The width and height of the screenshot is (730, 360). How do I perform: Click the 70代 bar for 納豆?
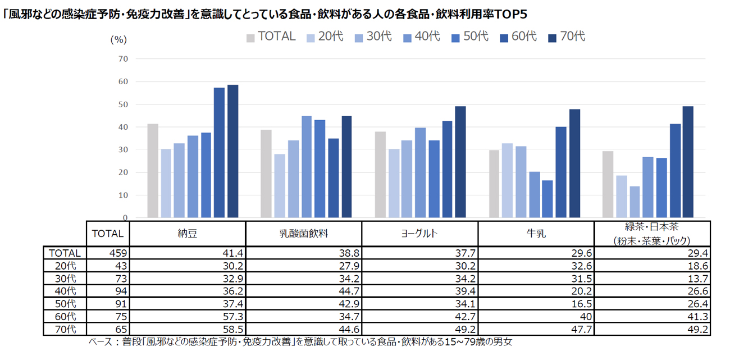click(x=233, y=152)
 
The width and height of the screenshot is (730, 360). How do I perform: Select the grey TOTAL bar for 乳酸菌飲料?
click(x=266, y=174)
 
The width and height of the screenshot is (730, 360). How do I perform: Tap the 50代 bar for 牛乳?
click(x=547, y=199)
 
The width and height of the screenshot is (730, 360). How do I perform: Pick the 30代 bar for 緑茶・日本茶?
click(x=635, y=202)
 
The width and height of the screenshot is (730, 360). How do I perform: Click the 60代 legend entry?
click(x=518, y=37)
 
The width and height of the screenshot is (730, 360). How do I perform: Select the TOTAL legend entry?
click(x=271, y=37)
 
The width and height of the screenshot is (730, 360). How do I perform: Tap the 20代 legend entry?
click(x=325, y=37)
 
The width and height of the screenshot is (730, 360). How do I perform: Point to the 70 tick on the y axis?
click(x=123, y=59)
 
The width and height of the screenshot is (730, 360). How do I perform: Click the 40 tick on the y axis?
click(x=123, y=127)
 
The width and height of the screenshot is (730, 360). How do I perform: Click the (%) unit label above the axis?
click(x=118, y=39)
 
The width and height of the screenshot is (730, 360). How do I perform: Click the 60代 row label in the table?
click(x=64, y=317)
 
